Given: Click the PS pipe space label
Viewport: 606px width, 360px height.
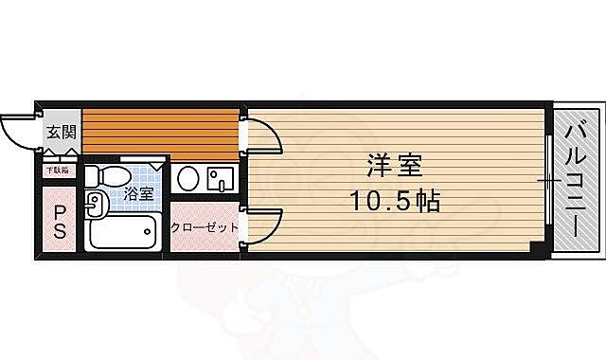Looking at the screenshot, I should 59,222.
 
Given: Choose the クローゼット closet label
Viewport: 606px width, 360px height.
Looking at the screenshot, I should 203,228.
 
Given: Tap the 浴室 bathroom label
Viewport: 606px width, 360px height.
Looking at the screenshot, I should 138,193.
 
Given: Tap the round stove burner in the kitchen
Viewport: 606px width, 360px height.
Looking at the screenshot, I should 188,179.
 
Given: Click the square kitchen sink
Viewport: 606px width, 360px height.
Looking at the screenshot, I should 219,178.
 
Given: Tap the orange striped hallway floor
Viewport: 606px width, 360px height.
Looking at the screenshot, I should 159,133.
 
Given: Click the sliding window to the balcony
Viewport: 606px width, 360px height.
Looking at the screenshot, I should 549,180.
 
